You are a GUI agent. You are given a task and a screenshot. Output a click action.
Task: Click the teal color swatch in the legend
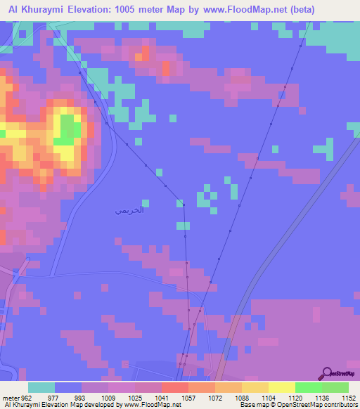[41, 387]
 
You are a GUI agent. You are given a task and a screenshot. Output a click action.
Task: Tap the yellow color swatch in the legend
[281, 387]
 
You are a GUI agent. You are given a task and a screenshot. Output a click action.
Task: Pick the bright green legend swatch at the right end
[335, 387]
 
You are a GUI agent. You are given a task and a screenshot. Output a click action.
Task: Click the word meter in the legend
[11, 397]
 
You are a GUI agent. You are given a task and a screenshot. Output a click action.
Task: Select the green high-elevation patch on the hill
[69, 129]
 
